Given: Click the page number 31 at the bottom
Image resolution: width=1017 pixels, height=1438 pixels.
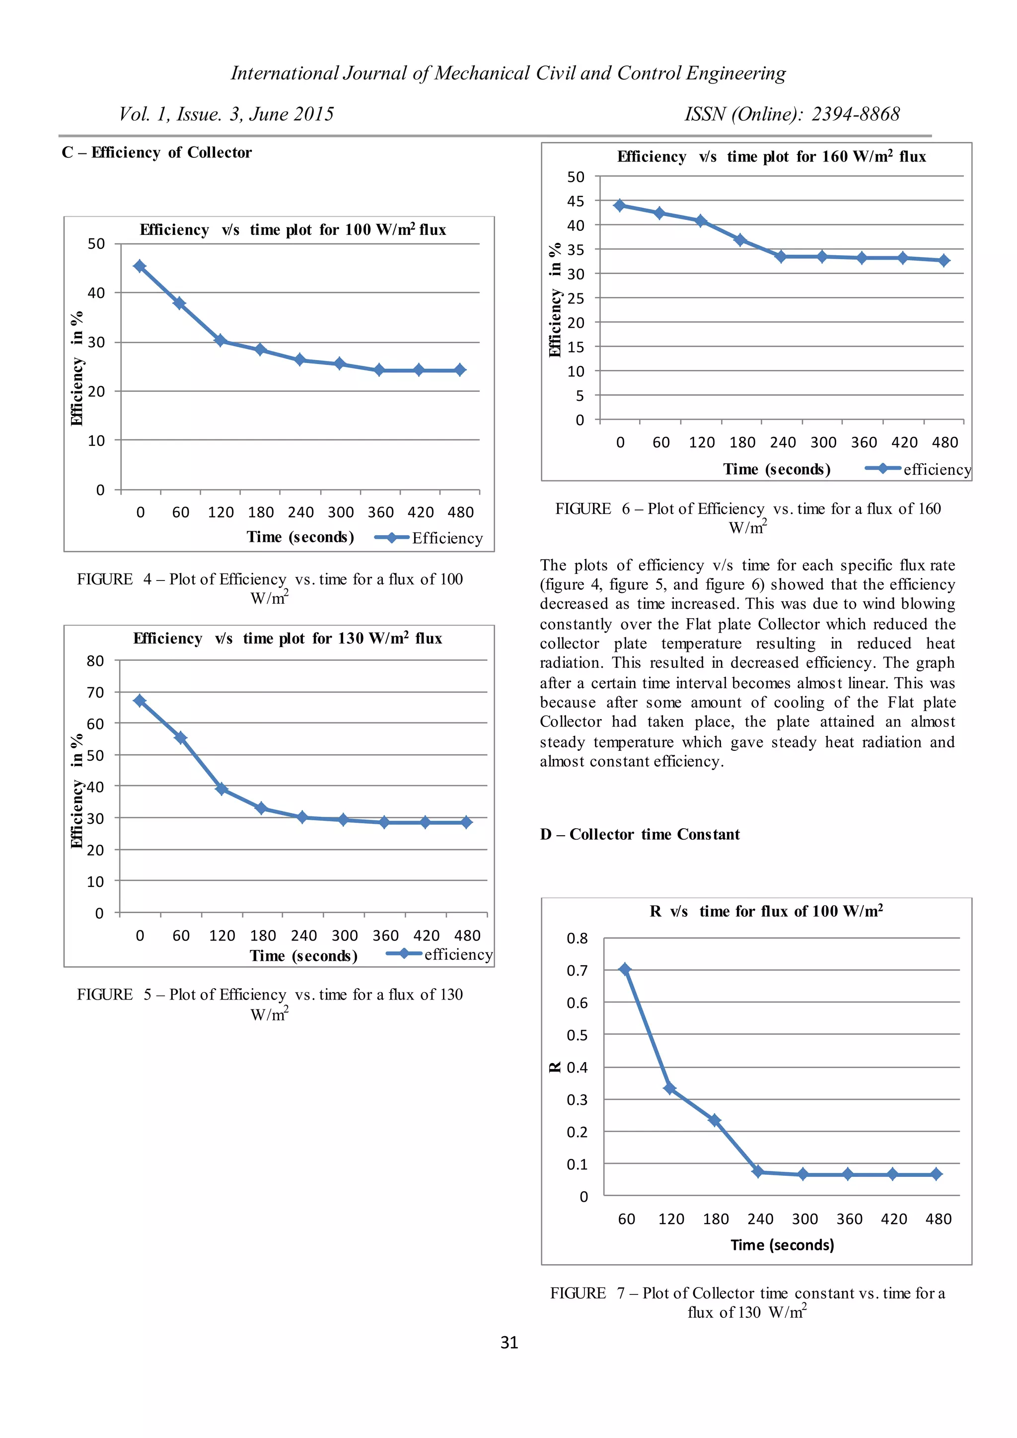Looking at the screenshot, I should click(508, 1342).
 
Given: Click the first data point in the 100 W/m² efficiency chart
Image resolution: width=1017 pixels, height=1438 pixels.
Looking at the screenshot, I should click(140, 266).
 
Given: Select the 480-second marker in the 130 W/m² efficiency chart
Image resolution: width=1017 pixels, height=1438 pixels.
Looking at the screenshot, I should click(466, 822).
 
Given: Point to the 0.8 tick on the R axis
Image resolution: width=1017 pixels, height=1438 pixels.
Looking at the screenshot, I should click(577, 938).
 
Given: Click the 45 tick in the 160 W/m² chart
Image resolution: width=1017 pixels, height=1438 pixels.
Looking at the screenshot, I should click(575, 201).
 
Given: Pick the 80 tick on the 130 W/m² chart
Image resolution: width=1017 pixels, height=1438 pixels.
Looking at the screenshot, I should click(95, 661).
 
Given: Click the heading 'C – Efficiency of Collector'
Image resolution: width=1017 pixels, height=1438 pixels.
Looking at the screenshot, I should click(156, 152).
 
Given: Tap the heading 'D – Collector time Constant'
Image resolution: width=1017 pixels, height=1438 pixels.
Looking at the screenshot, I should click(640, 834).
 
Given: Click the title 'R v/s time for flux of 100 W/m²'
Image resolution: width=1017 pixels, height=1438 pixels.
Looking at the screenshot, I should click(766, 911).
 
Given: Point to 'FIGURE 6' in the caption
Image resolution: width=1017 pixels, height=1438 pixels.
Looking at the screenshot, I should click(582, 508).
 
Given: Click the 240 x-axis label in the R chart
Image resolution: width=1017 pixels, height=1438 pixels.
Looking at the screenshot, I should click(760, 1219).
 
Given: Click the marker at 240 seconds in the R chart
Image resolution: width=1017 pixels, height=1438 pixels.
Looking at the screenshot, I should click(758, 1171).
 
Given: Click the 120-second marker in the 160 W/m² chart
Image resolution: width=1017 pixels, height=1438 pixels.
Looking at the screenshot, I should click(701, 221).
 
